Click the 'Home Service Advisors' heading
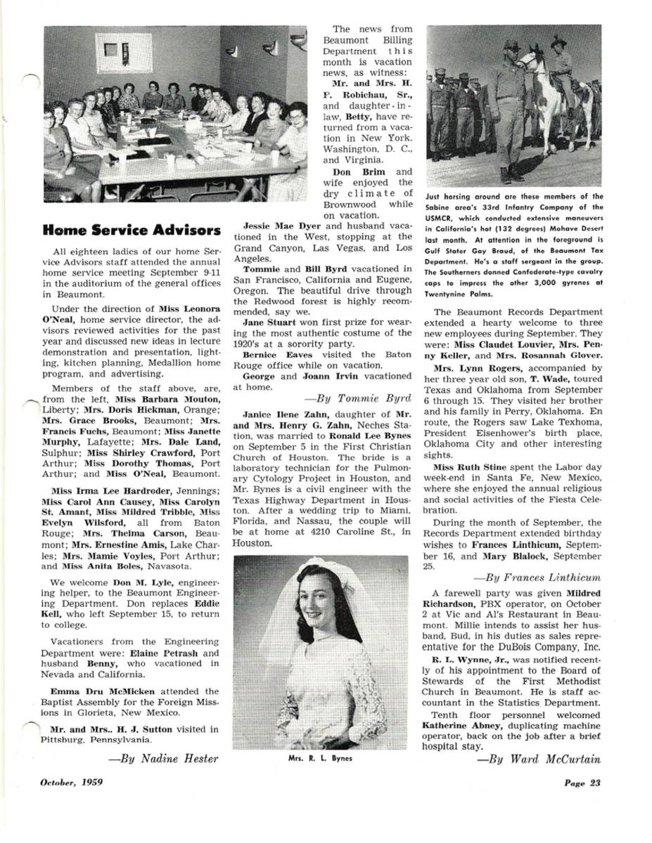pyautogui.click(x=132, y=230)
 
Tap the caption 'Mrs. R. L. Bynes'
pyautogui.click(x=320, y=759)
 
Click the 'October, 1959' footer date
pyautogui.click(x=72, y=783)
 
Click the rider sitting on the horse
pyautogui.click(x=560, y=60)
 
